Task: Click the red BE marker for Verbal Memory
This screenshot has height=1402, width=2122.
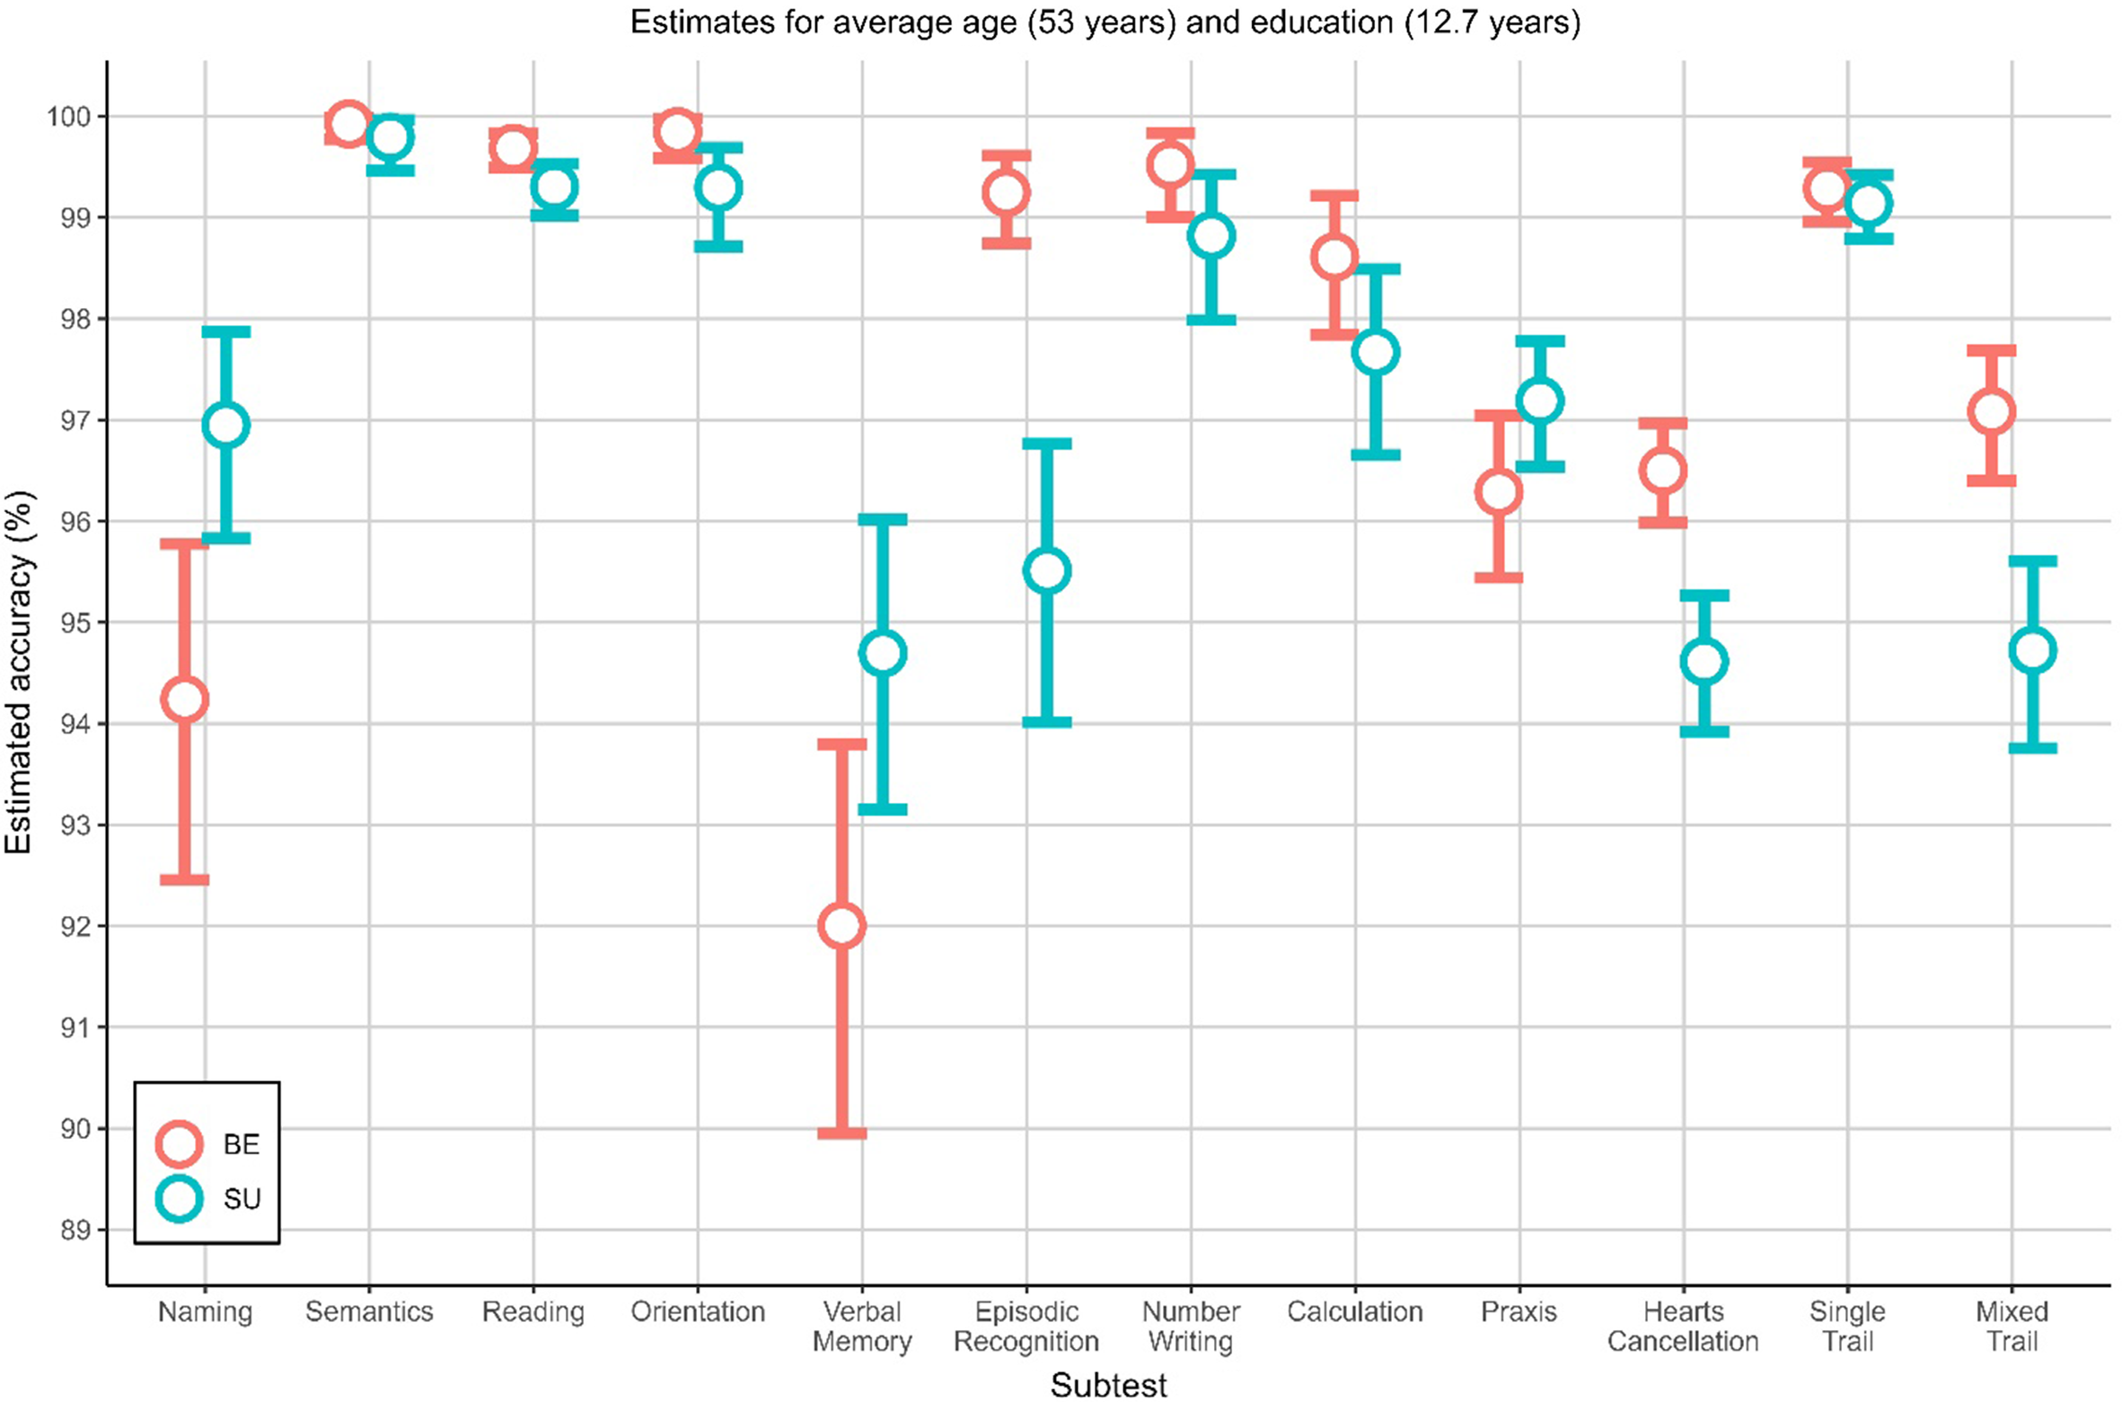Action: coord(841,926)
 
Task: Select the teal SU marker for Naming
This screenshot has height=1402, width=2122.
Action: coord(225,425)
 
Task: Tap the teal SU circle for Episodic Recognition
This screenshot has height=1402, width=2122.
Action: coord(1046,571)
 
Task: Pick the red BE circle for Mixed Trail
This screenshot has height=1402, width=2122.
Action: coord(1991,412)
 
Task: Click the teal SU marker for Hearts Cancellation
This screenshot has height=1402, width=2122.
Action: coord(1704,662)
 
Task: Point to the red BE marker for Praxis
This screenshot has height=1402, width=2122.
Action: coord(1498,492)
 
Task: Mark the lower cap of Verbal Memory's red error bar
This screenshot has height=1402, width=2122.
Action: coord(841,1133)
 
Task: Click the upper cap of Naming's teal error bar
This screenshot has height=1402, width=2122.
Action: coord(225,332)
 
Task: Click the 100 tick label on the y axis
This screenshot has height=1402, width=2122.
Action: coord(68,117)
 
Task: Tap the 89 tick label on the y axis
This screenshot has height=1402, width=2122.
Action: coord(75,1230)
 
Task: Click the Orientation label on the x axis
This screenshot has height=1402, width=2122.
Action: coord(698,1311)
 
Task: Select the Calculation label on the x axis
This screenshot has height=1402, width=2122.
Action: coord(1354,1311)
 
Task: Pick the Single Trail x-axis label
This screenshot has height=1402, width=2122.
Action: coord(1847,1326)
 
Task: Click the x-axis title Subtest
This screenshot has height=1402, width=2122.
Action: coord(1108,1384)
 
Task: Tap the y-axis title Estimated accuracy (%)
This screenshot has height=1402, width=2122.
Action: coord(20,673)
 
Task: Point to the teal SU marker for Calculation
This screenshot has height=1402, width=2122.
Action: coord(1375,352)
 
